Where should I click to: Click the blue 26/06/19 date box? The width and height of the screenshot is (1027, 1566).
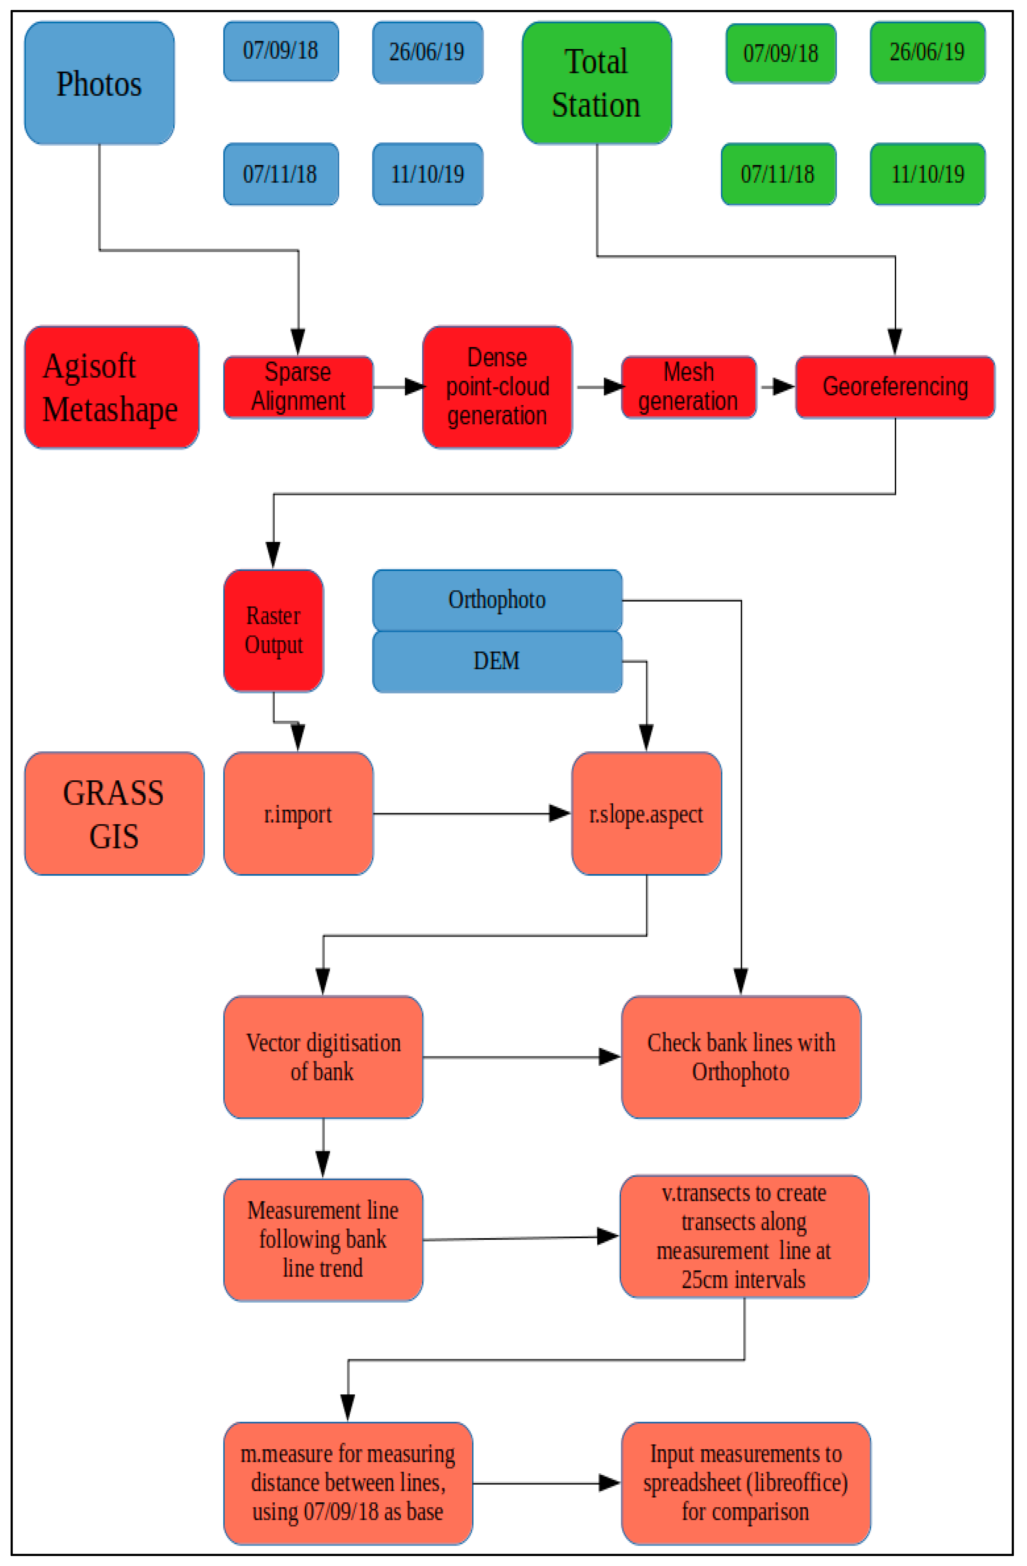click(427, 52)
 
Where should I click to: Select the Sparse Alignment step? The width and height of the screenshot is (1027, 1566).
click(298, 387)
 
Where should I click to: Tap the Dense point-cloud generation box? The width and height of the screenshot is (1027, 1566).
click(497, 387)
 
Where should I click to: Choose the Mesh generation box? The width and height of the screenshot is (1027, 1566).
click(689, 387)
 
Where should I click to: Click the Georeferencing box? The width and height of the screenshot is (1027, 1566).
click(895, 387)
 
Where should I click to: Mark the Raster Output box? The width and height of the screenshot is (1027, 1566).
click(274, 630)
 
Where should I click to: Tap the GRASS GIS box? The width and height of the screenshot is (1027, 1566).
click(114, 814)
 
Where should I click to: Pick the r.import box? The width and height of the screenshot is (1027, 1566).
click(298, 814)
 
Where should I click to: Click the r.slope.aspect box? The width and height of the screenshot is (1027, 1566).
click(646, 814)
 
